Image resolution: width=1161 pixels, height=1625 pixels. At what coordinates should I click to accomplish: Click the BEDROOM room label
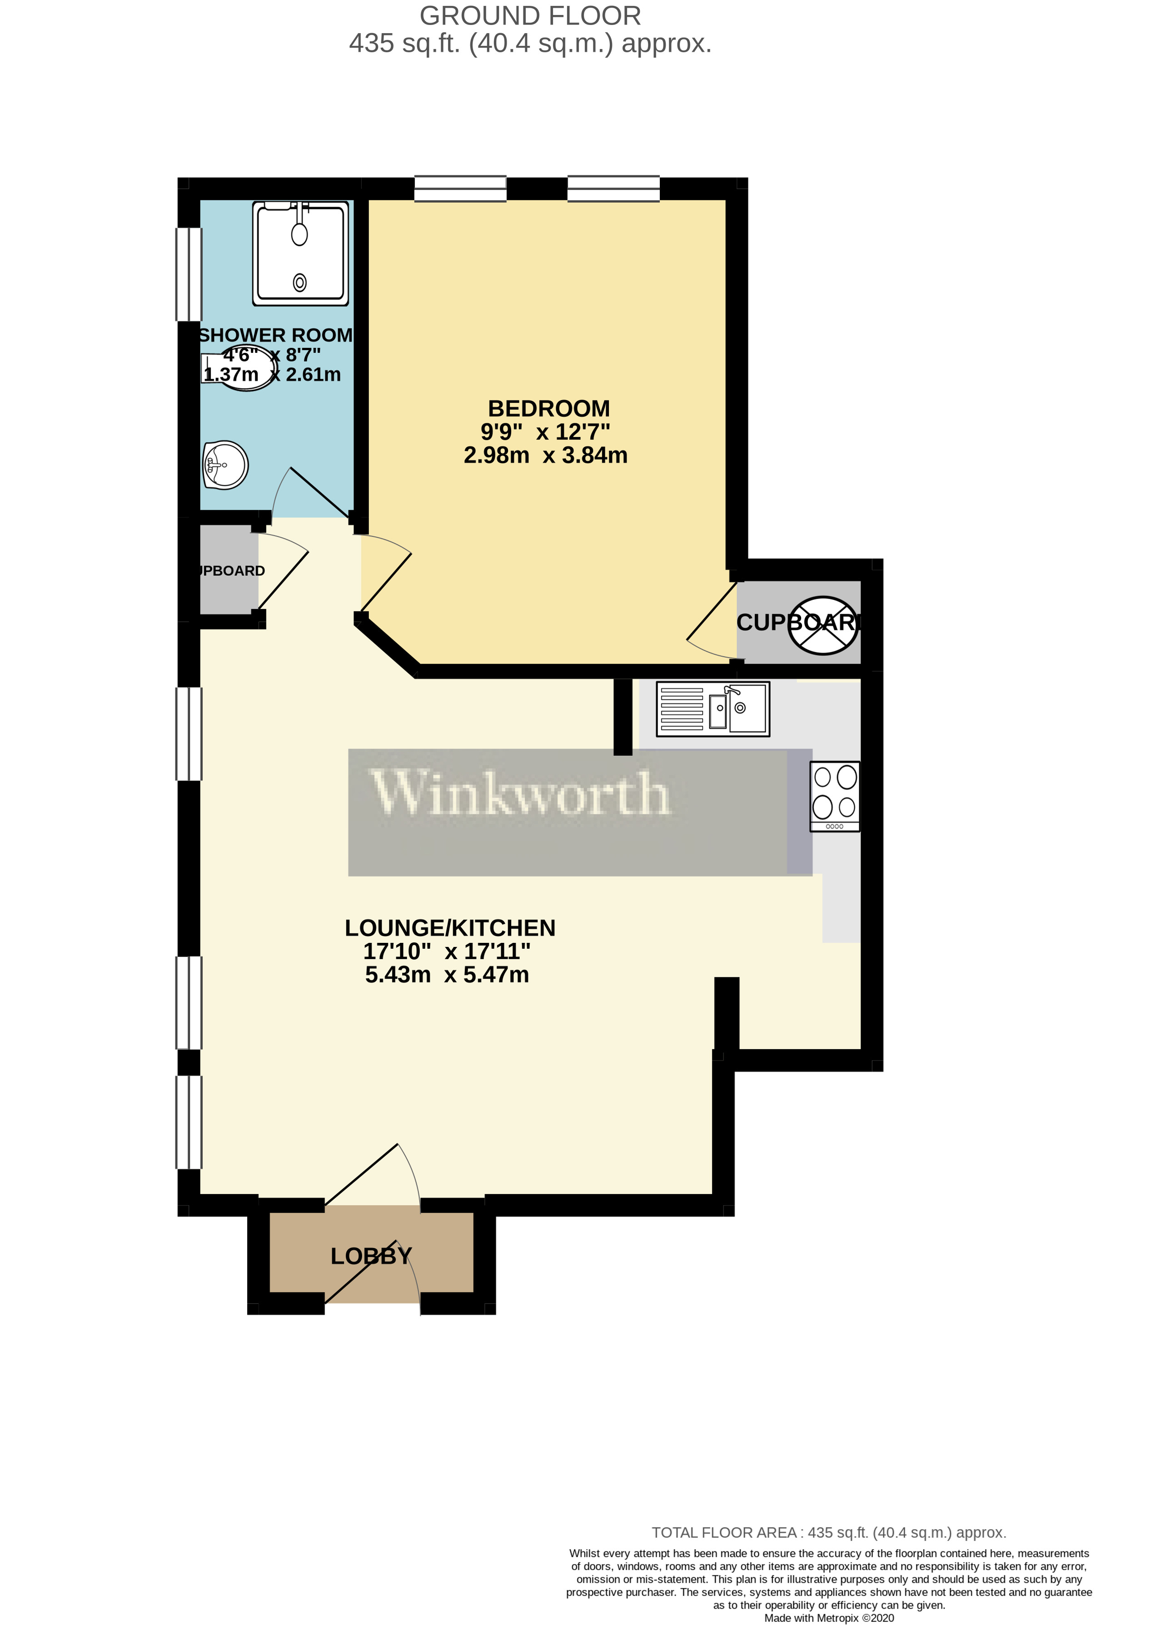(x=548, y=409)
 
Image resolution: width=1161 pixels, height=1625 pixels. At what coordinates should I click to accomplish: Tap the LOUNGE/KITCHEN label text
(x=450, y=927)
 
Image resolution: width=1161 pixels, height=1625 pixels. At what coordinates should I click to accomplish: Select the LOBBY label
(x=371, y=1256)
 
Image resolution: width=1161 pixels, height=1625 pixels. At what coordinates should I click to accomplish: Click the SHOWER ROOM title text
(x=275, y=335)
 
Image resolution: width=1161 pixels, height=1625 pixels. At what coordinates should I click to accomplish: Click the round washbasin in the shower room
(x=225, y=465)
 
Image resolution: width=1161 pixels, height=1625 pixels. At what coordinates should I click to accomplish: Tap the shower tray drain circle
(x=299, y=282)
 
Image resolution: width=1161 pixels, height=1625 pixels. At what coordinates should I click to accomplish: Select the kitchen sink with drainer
(x=713, y=709)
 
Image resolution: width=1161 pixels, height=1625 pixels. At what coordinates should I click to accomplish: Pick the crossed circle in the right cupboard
(x=823, y=625)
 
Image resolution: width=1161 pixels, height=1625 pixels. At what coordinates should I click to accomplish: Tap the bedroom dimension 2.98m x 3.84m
(x=545, y=455)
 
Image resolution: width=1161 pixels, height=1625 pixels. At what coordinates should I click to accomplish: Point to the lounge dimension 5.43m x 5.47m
(x=447, y=975)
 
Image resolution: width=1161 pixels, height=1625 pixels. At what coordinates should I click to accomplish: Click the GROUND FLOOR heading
(x=530, y=16)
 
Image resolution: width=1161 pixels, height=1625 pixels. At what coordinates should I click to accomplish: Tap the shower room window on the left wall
(x=189, y=274)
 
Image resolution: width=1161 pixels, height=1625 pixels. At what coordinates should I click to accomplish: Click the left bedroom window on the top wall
(x=460, y=188)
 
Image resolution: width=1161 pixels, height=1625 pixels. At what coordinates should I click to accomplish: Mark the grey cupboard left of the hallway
(x=228, y=570)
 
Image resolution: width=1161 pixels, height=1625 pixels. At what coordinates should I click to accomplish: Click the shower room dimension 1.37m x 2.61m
(x=272, y=374)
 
